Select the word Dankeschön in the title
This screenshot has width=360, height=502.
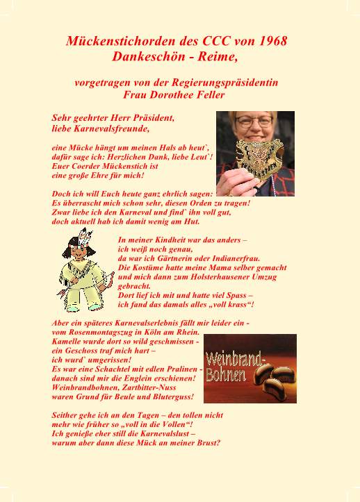(x=145, y=55)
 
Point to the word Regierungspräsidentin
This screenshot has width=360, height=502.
(x=224, y=82)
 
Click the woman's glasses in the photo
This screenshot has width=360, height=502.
(x=255, y=121)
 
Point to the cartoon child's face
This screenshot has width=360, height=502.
(x=77, y=254)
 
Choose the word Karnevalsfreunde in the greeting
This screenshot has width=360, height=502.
(x=113, y=128)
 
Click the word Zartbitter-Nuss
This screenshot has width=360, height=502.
(x=159, y=387)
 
